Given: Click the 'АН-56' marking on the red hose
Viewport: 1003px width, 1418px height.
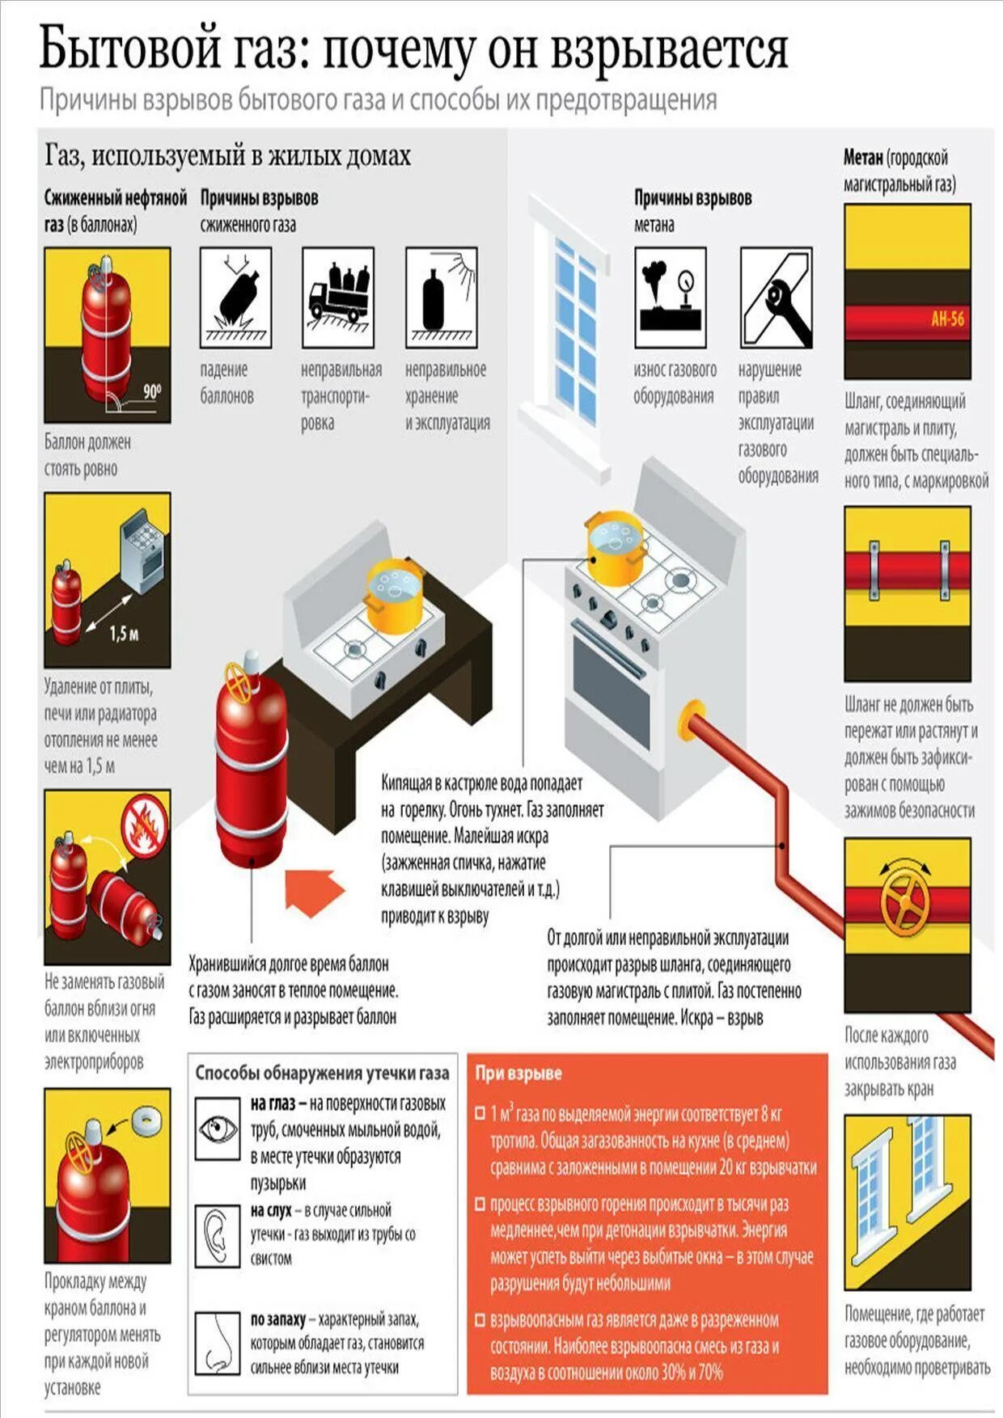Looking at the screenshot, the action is (x=947, y=319).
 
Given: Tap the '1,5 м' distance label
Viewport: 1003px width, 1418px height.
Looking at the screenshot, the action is (x=124, y=634).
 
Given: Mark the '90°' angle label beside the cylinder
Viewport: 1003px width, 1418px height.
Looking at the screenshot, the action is (x=152, y=392).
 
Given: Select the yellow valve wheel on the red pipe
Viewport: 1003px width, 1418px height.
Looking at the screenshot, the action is (x=906, y=900).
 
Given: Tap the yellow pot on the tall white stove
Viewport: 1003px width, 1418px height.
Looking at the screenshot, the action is (x=616, y=549).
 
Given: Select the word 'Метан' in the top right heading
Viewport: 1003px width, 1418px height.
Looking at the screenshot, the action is (x=863, y=158).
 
